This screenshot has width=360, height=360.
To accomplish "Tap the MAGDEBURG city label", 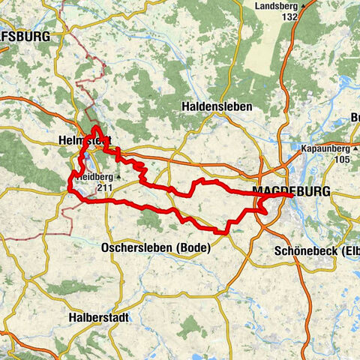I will click(292, 193).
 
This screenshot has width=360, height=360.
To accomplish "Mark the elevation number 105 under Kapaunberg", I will click(343, 160).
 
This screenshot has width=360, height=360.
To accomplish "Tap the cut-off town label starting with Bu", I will click(353, 118).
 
